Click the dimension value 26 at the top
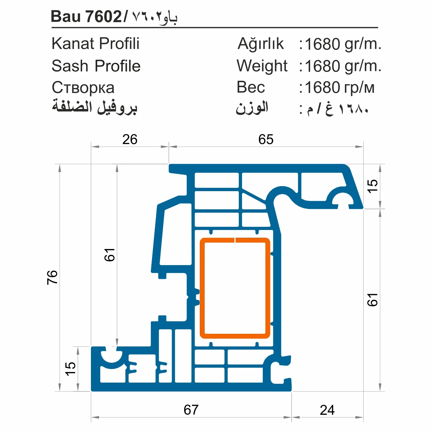click(130, 139)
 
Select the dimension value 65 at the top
click(266, 139)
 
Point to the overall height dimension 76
click(52, 277)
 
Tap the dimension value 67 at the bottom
click(191, 410)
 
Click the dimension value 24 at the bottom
click(327, 410)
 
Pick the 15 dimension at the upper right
click(373, 186)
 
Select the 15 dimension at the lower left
click(70, 369)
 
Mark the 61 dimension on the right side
click(373, 300)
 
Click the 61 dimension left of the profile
click(110, 255)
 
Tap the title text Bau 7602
click(86, 16)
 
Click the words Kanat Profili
click(95, 44)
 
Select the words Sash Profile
click(96, 66)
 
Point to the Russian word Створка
click(83, 87)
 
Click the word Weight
click(262, 66)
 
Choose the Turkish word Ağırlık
click(260, 44)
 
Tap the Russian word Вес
click(250, 87)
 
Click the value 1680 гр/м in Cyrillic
click(339, 87)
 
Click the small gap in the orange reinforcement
click(235, 240)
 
